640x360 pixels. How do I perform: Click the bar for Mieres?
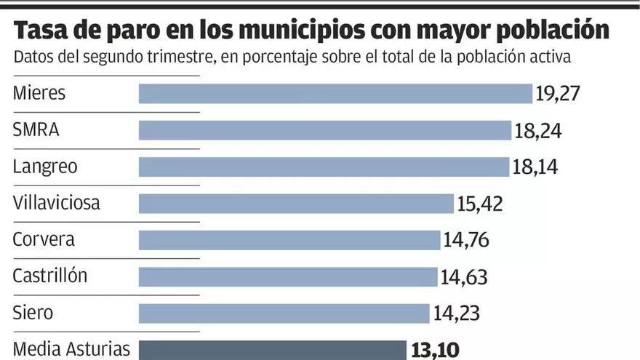pyautogui.click(x=335, y=94)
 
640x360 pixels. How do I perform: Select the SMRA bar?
pyautogui.click(x=325, y=130)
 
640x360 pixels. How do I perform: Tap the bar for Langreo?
pyautogui.click(x=324, y=167)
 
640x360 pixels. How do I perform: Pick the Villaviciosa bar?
pyautogui.click(x=296, y=204)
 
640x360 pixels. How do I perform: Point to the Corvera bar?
pyautogui.click(x=289, y=240)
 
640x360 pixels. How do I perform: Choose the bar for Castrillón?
pyautogui.click(x=288, y=276)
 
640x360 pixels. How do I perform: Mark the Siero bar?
pyautogui.click(x=284, y=313)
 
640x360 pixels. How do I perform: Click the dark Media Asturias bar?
pyautogui.click(x=272, y=350)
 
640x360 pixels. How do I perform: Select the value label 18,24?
pyautogui.click(x=538, y=131)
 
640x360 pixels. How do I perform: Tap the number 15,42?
pyautogui.click(x=479, y=204)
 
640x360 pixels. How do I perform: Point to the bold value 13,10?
pyautogui.click(x=434, y=351)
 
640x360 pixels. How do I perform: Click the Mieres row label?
pyautogui.click(x=39, y=94)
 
